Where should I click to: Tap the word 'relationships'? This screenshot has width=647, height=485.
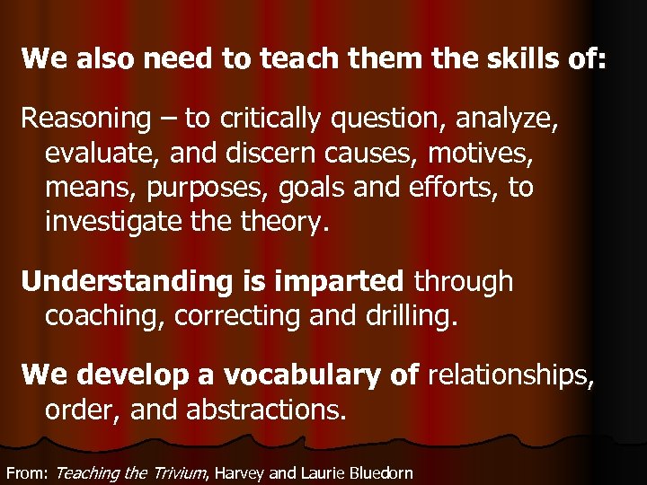[x=510, y=375]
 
